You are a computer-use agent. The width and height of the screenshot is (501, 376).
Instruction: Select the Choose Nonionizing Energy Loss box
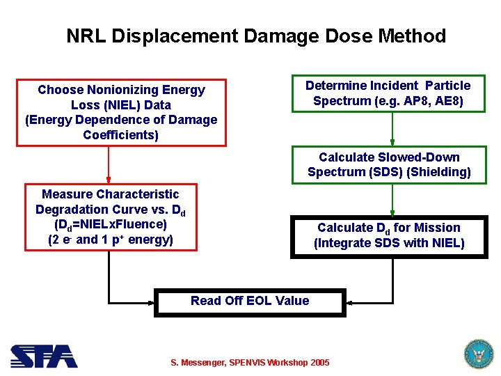pos(121,112)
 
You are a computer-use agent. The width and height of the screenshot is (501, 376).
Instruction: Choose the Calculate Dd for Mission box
pos(389,236)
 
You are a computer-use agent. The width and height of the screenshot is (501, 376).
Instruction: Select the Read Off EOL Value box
pos(250,301)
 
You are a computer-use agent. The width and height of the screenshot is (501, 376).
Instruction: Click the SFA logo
pos(44,357)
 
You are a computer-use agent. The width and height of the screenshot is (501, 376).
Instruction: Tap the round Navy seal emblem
pos(477,354)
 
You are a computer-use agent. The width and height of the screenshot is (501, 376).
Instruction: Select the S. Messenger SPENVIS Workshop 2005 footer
pos(250,363)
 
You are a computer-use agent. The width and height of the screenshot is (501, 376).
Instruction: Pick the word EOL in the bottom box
pos(259,301)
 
